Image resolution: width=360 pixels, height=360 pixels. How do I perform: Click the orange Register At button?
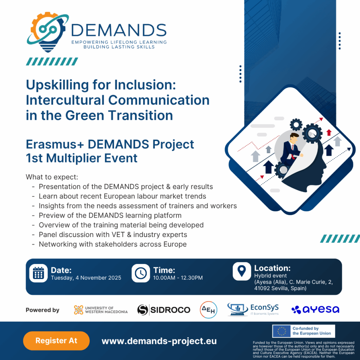(56, 341)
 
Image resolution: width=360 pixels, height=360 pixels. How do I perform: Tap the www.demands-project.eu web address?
(159, 341)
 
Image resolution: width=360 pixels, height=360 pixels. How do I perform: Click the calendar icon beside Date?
(38, 273)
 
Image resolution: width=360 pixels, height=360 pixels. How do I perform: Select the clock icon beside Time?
(141, 273)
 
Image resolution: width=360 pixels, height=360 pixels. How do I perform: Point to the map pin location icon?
(242, 271)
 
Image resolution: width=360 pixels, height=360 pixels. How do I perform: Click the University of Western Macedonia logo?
(101, 310)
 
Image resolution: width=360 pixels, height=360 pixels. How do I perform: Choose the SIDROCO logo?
(164, 310)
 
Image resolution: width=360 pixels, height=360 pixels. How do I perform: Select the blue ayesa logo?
(315, 309)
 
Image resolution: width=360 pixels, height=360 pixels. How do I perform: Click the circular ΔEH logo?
(208, 310)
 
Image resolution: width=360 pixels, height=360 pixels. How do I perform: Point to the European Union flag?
(282, 331)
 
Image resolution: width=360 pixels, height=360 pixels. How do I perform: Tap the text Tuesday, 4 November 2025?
(86, 278)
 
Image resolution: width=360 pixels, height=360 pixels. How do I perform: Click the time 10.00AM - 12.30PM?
(178, 278)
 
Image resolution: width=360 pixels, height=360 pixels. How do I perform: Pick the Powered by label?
(43, 310)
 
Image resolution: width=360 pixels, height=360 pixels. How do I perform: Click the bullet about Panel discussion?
(113, 234)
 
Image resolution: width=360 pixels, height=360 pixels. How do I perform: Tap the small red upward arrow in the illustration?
(329, 133)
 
